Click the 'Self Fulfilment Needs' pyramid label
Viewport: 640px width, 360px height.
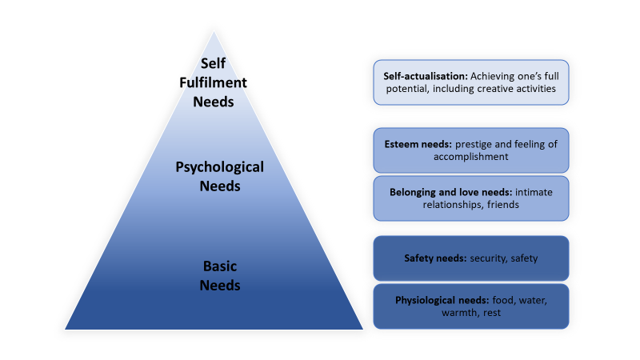click(x=214, y=82)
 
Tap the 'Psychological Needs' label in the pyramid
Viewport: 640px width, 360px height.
click(x=219, y=176)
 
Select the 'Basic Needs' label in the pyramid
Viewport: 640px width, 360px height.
click(x=220, y=274)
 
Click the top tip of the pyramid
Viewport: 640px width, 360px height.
click(x=214, y=33)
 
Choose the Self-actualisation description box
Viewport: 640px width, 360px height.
click(x=470, y=82)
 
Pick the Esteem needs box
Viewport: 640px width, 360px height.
click(x=470, y=150)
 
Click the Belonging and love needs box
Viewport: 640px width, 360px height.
click(x=470, y=198)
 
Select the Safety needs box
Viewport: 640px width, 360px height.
click(x=470, y=258)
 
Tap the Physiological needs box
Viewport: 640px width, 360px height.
click(x=470, y=306)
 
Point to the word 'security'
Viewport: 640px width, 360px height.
click(x=483, y=258)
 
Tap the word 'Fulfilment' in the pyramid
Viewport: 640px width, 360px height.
click(x=214, y=82)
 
